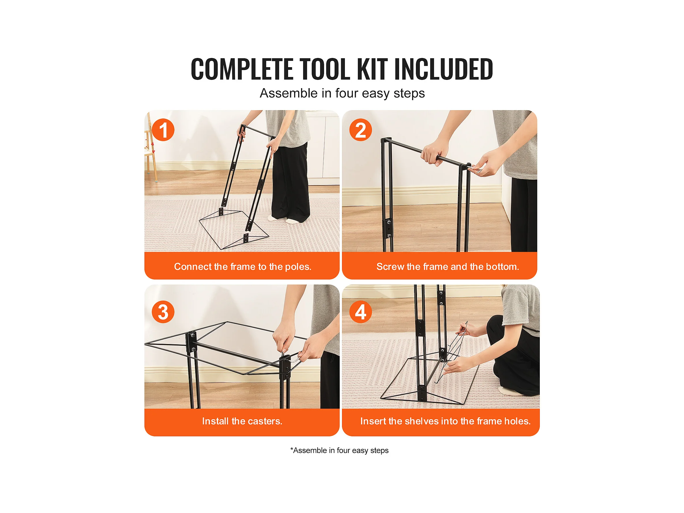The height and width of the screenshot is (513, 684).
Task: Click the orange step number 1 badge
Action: click(x=163, y=130)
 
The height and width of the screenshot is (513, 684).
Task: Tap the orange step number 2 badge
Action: click(x=360, y=130)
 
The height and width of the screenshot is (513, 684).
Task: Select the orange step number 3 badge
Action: click(x=163, y=312)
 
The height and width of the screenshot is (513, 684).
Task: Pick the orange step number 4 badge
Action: click(x=360, y=312)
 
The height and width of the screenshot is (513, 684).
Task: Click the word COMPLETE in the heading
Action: click(x=242, y=69)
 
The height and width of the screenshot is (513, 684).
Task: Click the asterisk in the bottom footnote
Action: click(x=292, y=449)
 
